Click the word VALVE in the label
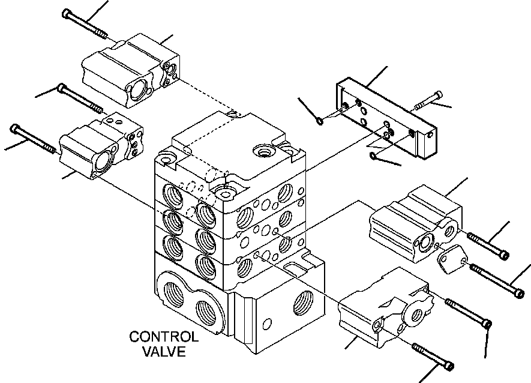(164, 351)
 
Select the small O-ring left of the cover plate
(320, 122)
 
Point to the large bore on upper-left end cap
(137, 88)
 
